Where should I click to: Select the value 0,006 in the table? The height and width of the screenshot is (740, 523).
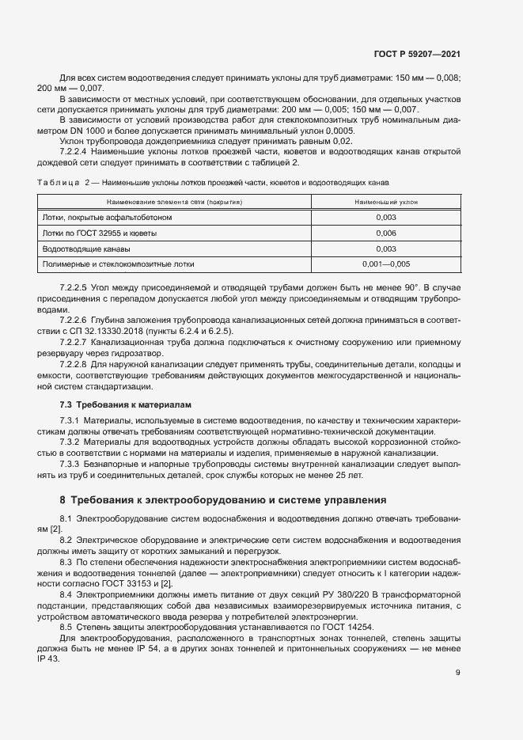tap(386, 233)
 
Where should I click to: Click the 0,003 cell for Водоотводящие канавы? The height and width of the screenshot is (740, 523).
tap(386, 249)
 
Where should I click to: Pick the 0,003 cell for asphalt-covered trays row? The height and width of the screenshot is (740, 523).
tap(386, 218)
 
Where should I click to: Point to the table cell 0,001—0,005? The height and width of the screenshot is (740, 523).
tap(386, 264)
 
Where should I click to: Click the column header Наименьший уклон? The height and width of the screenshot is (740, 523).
tap(386, 203)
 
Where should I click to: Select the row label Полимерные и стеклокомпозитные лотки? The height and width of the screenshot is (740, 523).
tap(118, 264)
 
